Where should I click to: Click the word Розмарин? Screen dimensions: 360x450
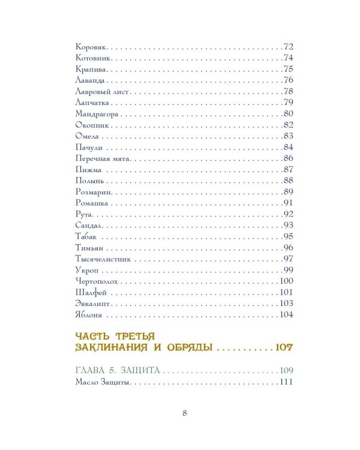(94, 192)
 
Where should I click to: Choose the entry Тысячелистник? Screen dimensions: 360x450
(104, 259)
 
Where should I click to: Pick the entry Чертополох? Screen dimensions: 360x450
(98, 281)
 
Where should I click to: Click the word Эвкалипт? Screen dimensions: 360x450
(92, 304)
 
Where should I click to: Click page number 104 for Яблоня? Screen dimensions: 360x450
(285, 315)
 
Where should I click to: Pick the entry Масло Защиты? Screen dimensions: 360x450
(103, 383)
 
